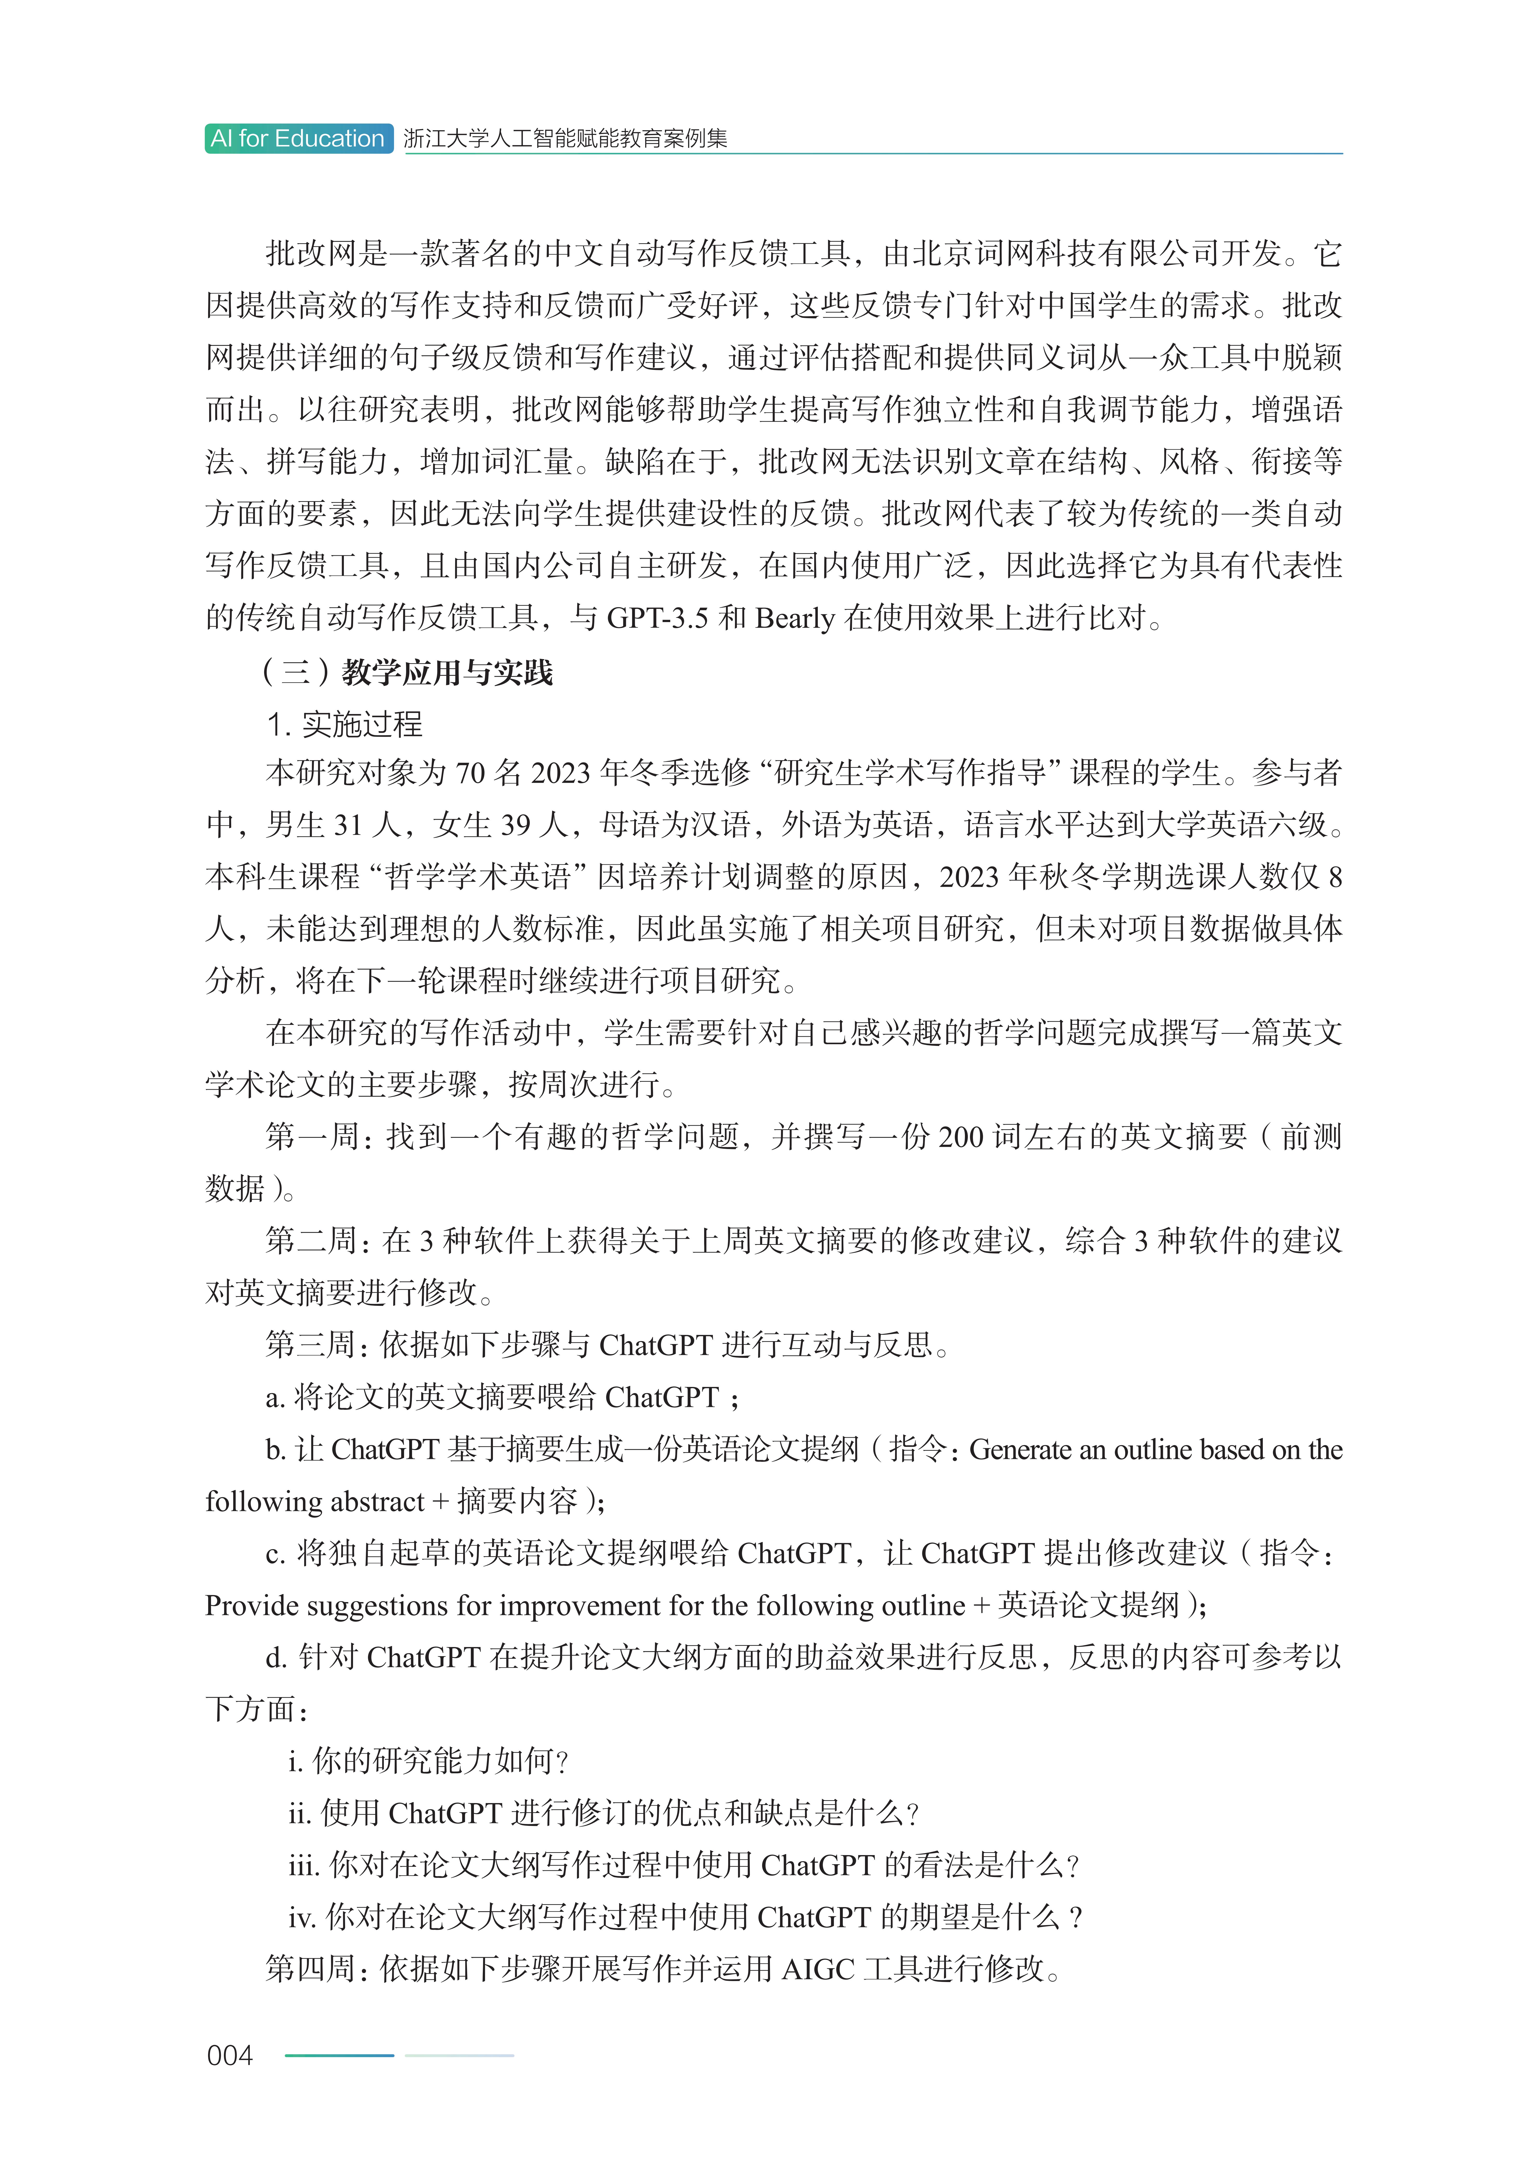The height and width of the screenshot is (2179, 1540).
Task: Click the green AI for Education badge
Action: click(x=298, y=138)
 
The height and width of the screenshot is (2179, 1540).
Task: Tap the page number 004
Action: click(x=230, y=2056)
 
